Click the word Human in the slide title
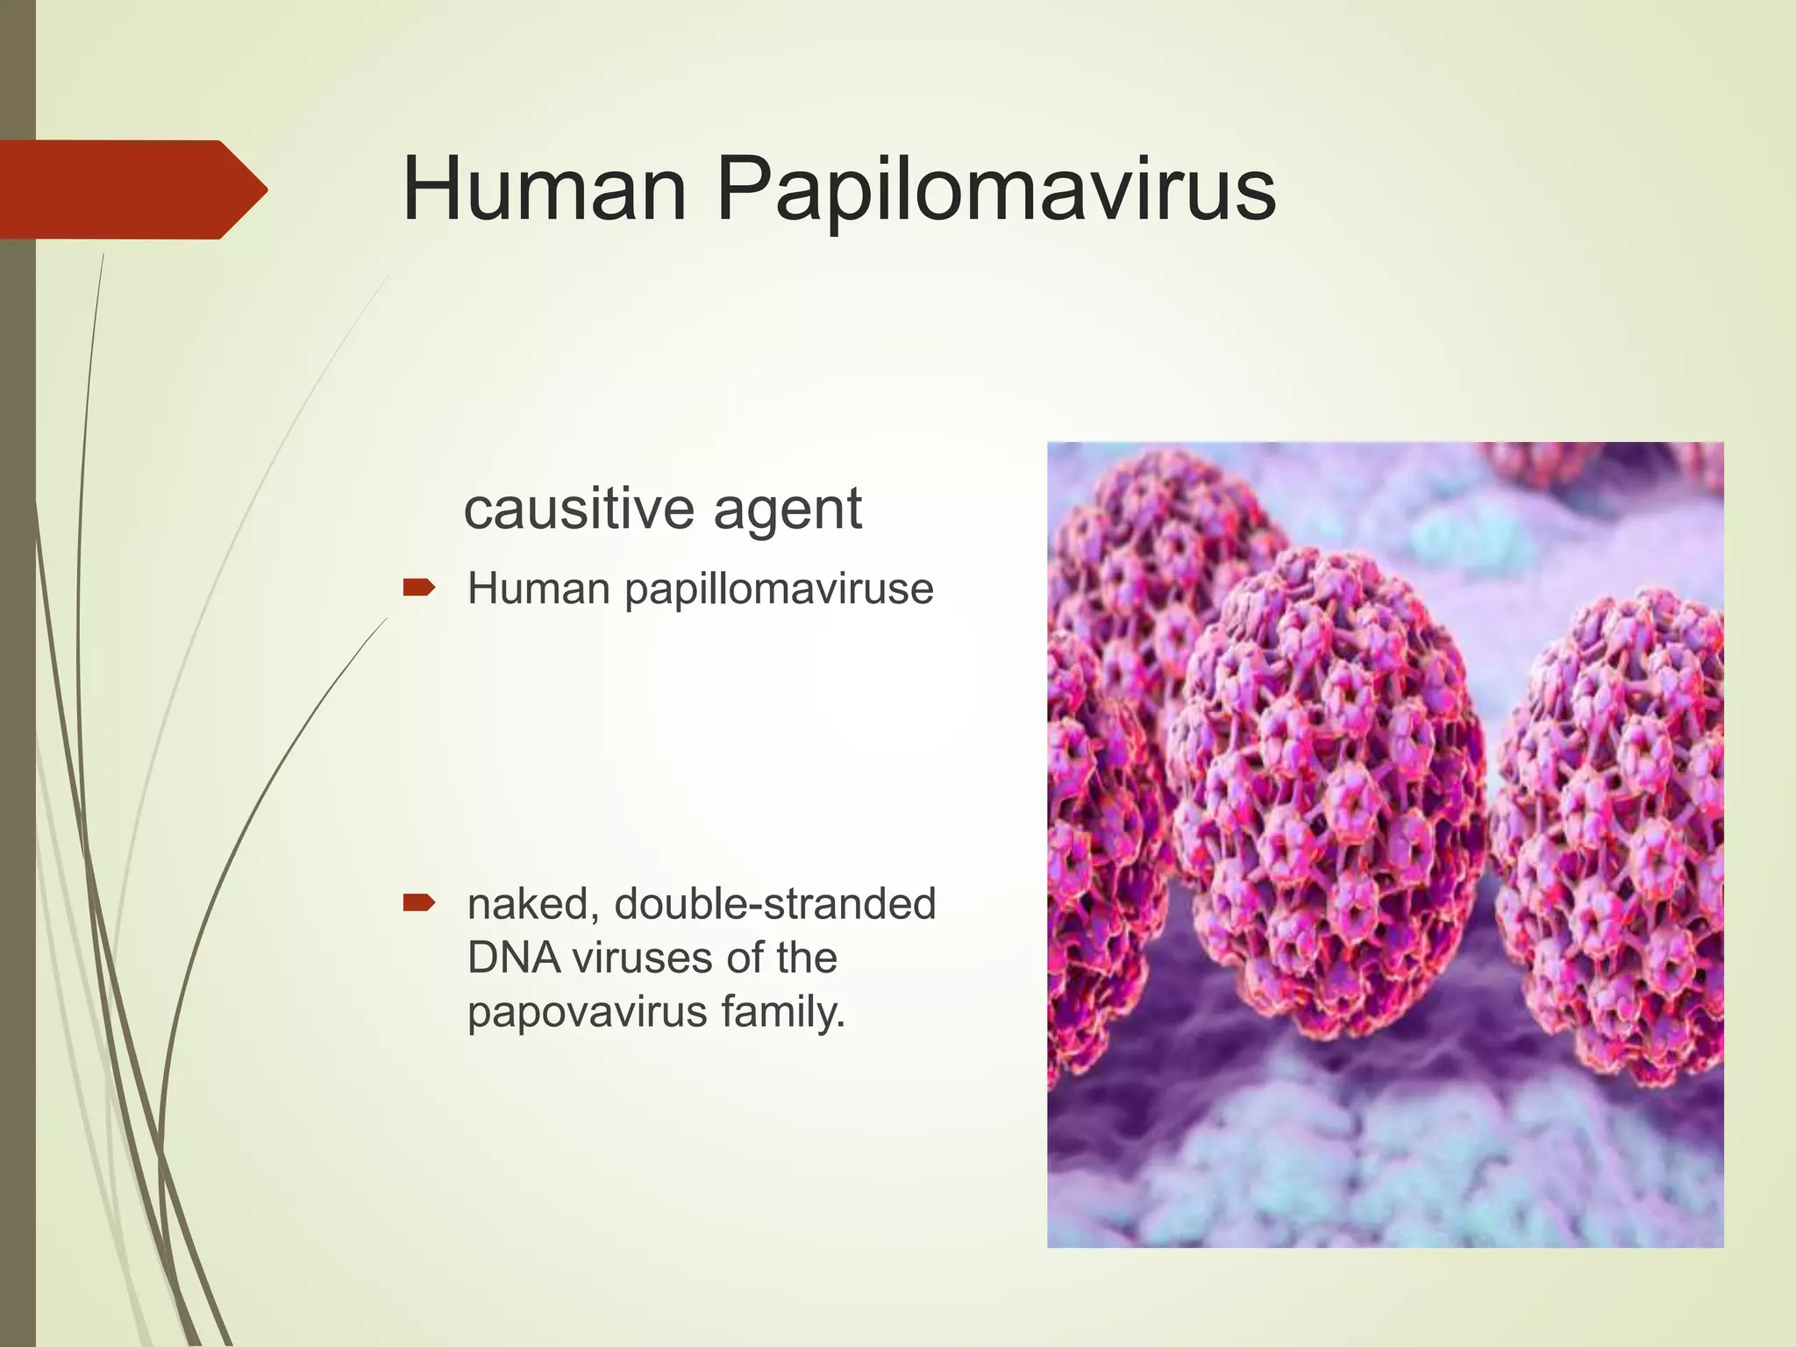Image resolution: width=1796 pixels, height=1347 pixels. (544, 189)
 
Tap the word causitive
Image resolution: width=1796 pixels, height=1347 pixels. (580, 509)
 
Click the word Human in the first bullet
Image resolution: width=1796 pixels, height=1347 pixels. (538, 588)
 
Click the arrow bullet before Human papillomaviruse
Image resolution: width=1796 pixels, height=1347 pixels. (419, 588)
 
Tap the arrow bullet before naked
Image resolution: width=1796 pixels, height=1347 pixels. (419, 902)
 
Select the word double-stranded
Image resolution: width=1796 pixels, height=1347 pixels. (775, 904)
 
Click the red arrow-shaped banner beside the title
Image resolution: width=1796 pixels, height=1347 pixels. (132, 189)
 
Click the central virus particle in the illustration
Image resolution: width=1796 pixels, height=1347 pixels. (1329, 789)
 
